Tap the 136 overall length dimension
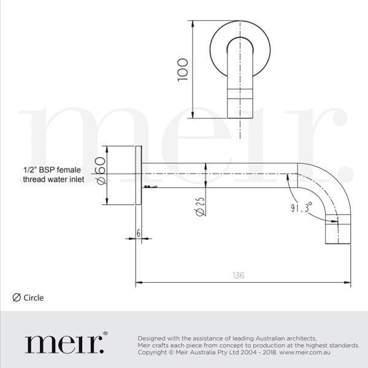point(239,275)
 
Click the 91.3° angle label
point(301,207)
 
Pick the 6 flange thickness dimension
point(139,233)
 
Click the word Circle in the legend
point(34,298)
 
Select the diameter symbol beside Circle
point(17,298)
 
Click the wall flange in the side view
point(139,177)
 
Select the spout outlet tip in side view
point(337,234)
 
